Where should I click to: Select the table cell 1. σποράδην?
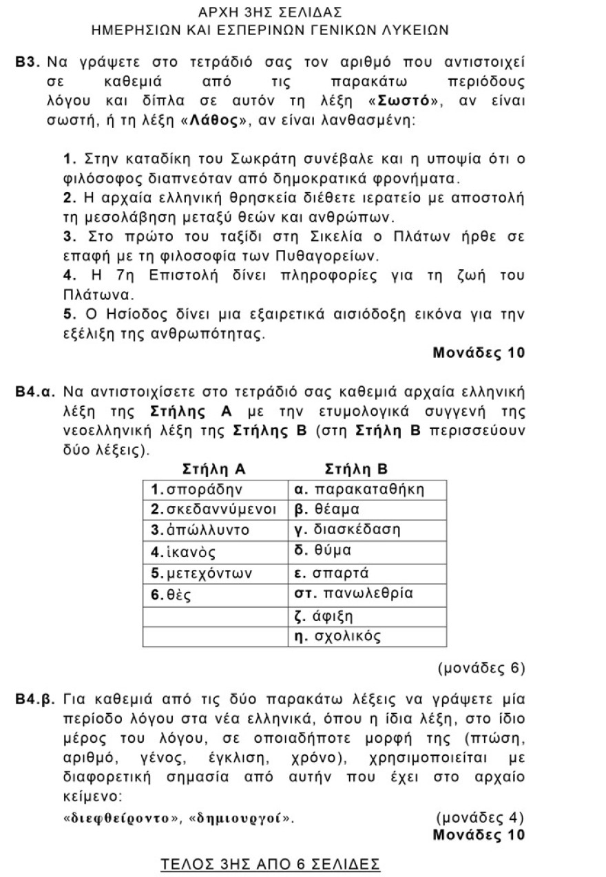click(214, 489)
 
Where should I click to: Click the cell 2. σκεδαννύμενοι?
click(214, 510)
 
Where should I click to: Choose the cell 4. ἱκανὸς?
click(214, 552)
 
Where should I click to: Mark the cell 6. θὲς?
click(214, 594)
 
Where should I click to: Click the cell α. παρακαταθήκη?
click(366, 489)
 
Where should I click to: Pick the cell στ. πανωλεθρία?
click(366, 594)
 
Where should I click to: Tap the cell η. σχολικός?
click(366, 636)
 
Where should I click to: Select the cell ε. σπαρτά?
click(366, 573)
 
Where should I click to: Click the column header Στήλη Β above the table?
click(356, 469)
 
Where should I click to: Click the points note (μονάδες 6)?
click(481, 668)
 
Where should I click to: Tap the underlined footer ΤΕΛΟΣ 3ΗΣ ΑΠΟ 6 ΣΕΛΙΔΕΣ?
click(270, 863)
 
